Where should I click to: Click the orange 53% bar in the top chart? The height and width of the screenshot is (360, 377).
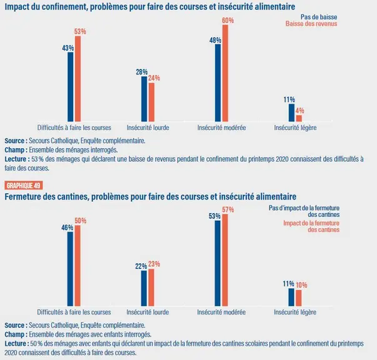click(x=78, y=79)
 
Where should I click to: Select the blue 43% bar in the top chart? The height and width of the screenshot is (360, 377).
click(x=71, y=87)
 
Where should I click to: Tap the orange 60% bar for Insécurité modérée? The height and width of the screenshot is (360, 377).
click(x=225, y=73)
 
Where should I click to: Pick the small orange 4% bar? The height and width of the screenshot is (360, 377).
click(x=299, y=118)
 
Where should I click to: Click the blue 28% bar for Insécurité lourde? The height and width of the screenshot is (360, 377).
click(x=144, y=99)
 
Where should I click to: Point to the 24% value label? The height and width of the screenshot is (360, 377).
click(x=154, y=78)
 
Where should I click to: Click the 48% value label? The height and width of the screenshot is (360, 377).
click(x=215, y=41)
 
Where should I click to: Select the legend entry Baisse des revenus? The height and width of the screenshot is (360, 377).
click(x=311, y=24)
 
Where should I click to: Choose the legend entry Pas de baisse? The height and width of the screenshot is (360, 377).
click(x=319, y=17)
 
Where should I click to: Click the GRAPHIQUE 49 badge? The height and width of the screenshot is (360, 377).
click(x=24, y=186)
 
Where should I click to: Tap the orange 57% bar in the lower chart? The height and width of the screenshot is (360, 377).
click(x=225, y=260)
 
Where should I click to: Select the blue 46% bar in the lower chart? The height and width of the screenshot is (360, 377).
click(x=70, y=269)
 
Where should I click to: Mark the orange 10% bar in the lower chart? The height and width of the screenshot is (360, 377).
click(x=299, y=298)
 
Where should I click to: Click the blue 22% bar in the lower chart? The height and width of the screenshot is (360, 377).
click(x=144, y=288)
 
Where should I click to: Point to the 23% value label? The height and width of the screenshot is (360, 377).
click(x=154, y=264)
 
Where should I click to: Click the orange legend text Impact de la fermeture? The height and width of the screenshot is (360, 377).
click(x=311, y=223)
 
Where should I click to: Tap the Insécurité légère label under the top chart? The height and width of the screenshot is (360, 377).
click(x=295, y=127)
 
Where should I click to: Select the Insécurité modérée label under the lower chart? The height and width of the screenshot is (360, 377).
click(x=221, y=312)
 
